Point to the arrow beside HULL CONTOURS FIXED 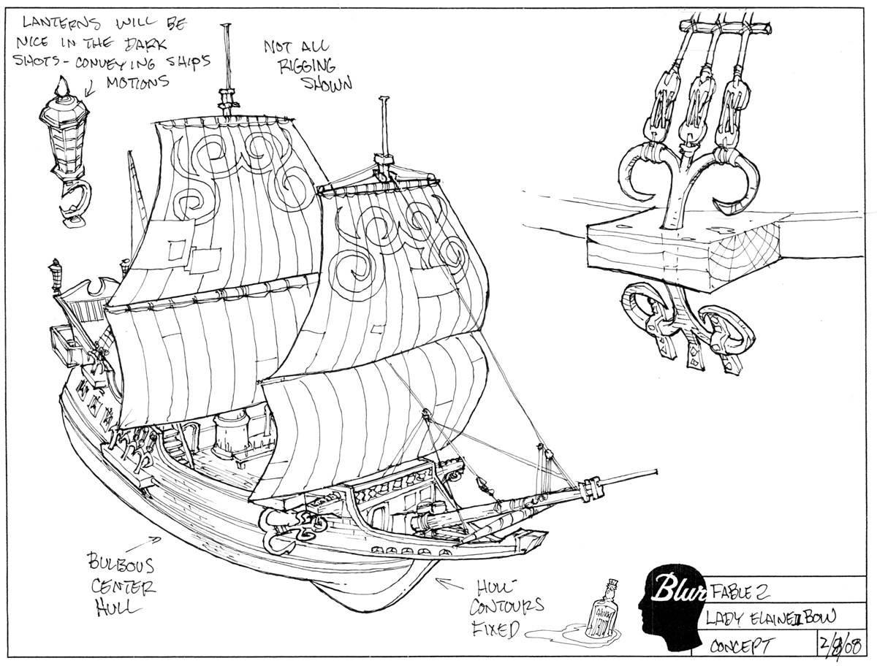tap(447, 582)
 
